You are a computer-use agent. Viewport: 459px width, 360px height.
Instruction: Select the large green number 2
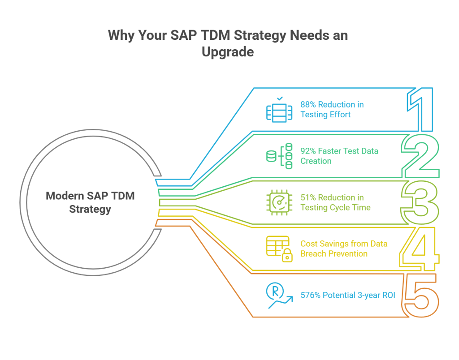[420, 157]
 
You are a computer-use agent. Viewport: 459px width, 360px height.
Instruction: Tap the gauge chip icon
[279, 202]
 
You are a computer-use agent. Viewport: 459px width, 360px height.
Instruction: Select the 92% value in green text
[308, 151]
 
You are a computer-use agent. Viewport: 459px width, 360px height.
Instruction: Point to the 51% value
[308, 197]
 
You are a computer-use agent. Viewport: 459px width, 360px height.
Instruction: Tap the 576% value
[310, 296]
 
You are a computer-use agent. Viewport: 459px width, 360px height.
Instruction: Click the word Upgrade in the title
[228, 52]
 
